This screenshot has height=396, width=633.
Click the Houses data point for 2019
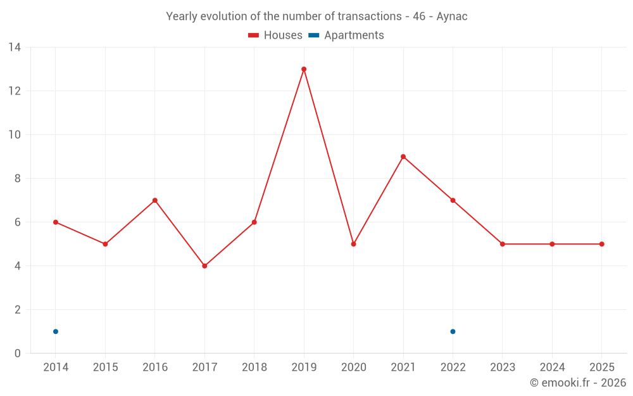[304, 69]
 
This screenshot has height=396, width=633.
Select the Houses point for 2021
[403, 156]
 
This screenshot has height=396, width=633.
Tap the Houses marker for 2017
[204, 266]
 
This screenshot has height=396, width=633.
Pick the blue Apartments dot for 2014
[56, 331]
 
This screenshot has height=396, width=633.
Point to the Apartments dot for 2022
[453, 331]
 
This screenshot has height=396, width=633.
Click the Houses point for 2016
[155, 200]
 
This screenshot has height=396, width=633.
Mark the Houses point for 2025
[602, 244]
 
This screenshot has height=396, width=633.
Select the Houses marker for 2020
[353, 244]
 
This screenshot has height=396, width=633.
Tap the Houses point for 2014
[56, 222]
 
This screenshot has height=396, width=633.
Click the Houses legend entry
[275, 35]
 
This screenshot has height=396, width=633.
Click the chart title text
[316, 16]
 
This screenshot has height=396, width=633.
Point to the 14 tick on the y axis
[15, 48]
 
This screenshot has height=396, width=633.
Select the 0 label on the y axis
[18, 354]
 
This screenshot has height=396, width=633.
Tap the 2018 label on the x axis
[254, 367]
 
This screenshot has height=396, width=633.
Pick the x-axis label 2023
[503, 367]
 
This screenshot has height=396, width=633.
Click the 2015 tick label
[105, 367]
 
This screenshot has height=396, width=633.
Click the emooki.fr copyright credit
[577, 383]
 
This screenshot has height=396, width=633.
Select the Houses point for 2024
[552, 244]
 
